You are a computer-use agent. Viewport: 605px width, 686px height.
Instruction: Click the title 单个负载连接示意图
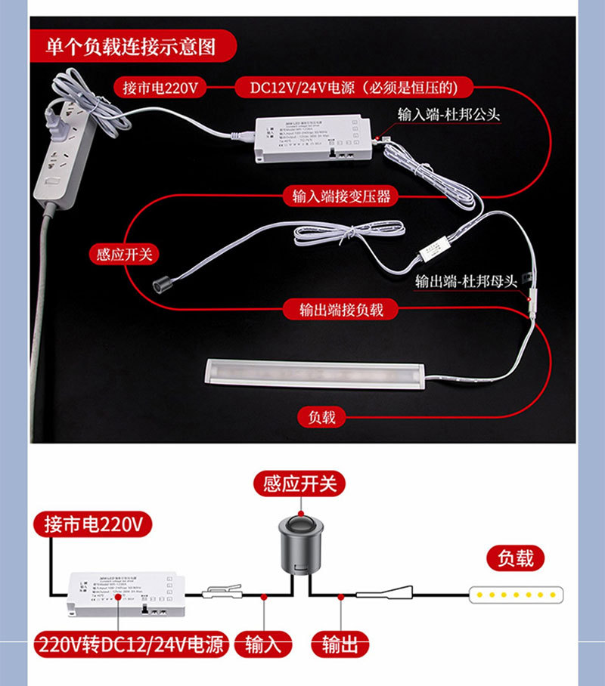[x=131, y=47]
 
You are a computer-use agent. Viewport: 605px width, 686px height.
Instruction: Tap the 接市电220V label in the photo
[x=160, y=88]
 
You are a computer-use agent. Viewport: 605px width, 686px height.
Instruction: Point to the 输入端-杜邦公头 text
[x=449, y=113]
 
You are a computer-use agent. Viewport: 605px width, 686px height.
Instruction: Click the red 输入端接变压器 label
[x=342, y=196]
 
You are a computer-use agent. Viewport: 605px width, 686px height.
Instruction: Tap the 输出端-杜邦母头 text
[x=466, y=281]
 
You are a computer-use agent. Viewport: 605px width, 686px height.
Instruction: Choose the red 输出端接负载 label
[x=341, y=309]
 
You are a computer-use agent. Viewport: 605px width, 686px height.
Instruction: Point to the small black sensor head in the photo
[x=160, y=286]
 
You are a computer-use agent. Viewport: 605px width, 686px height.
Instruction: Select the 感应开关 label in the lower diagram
[x=299, y=483]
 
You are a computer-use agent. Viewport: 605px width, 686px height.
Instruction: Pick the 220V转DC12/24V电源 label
[x=130, y=644]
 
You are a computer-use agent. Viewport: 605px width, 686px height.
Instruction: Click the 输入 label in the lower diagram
[x=262, y=644]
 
